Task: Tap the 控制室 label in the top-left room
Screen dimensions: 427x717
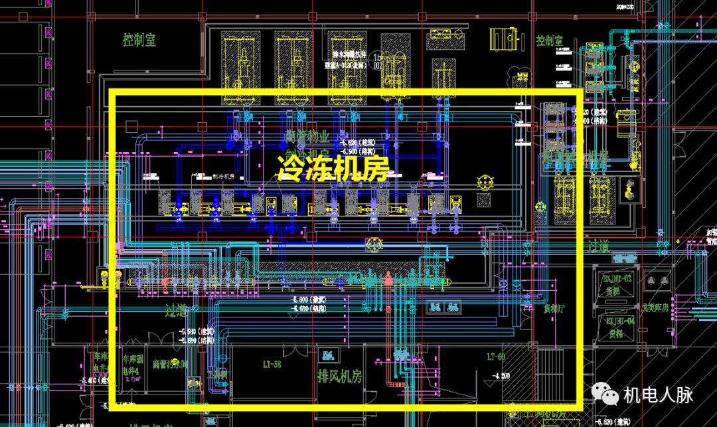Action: pyautogui.click(x=139, y=40)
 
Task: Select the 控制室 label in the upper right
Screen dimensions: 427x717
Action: pyautogui.click(x=550, y=41)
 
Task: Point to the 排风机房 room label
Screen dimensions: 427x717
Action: pyautogui.click(x=340, y=377)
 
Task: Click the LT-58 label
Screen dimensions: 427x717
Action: pyautogui.click(x=273, y=365)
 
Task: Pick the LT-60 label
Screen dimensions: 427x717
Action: pyautogui.click(x=496, y=357)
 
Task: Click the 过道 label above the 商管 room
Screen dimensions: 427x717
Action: pyautogui.click(x=180, y=309)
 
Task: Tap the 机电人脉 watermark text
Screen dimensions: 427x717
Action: pyautogui.click(x=658, y=395)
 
